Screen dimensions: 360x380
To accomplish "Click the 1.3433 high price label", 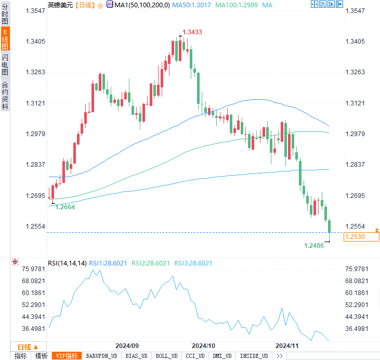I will tap(192, 32).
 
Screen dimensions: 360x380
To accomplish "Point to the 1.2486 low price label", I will tap(314, 245).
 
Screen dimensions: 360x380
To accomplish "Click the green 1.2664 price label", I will tap(65, 207).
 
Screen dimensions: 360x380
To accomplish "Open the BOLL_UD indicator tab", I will tap(166, 356).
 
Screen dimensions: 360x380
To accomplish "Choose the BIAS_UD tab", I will tap(137, 356).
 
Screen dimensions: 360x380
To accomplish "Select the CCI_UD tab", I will tap(195, 356).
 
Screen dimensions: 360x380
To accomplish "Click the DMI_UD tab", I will tap(223, 356).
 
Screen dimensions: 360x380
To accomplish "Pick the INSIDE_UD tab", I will tap(254, 356).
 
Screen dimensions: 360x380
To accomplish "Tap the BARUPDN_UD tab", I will tap(102, 356).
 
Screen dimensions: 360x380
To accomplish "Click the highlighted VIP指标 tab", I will tap(67, 356).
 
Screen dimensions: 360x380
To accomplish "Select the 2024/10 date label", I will tap(203, 345).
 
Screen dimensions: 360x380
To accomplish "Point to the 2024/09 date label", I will tap(127, 345).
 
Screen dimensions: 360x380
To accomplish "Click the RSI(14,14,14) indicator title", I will tap(67, 263).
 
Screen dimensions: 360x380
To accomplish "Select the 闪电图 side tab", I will tap(5, 64).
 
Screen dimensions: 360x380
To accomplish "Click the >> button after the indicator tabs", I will tap(280, 356).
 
